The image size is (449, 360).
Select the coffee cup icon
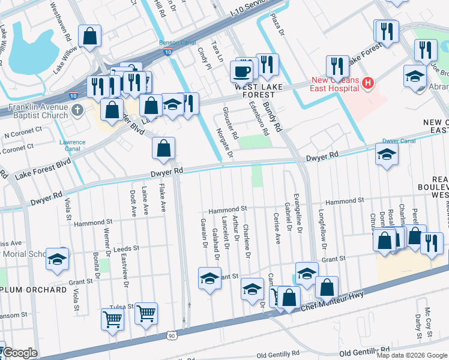click(242, 72)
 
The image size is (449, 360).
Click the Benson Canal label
click(177, 43)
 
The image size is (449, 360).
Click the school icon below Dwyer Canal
click(387, 155)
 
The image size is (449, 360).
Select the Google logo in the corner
click(20, 353)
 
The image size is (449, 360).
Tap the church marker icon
click(77, 110)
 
